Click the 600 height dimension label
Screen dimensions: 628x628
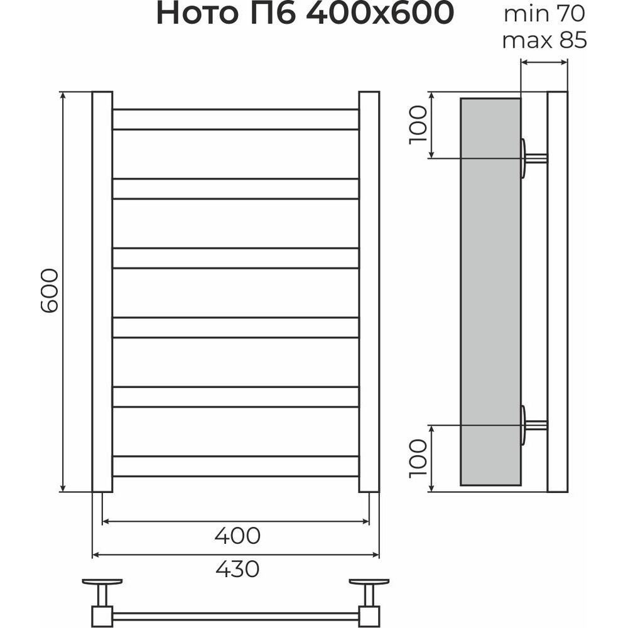(x=50, y=290)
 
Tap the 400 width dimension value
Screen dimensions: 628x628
(x=237, y=536)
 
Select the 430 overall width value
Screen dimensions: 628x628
(x=237, y=569)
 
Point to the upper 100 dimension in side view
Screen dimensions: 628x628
(x=418, y=124)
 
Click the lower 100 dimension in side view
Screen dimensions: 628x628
(x=418, y=458)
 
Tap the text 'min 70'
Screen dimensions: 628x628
(x=544, y=14)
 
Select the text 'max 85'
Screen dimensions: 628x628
(x=544, y=40)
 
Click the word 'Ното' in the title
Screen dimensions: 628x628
(x=197, y=14)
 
